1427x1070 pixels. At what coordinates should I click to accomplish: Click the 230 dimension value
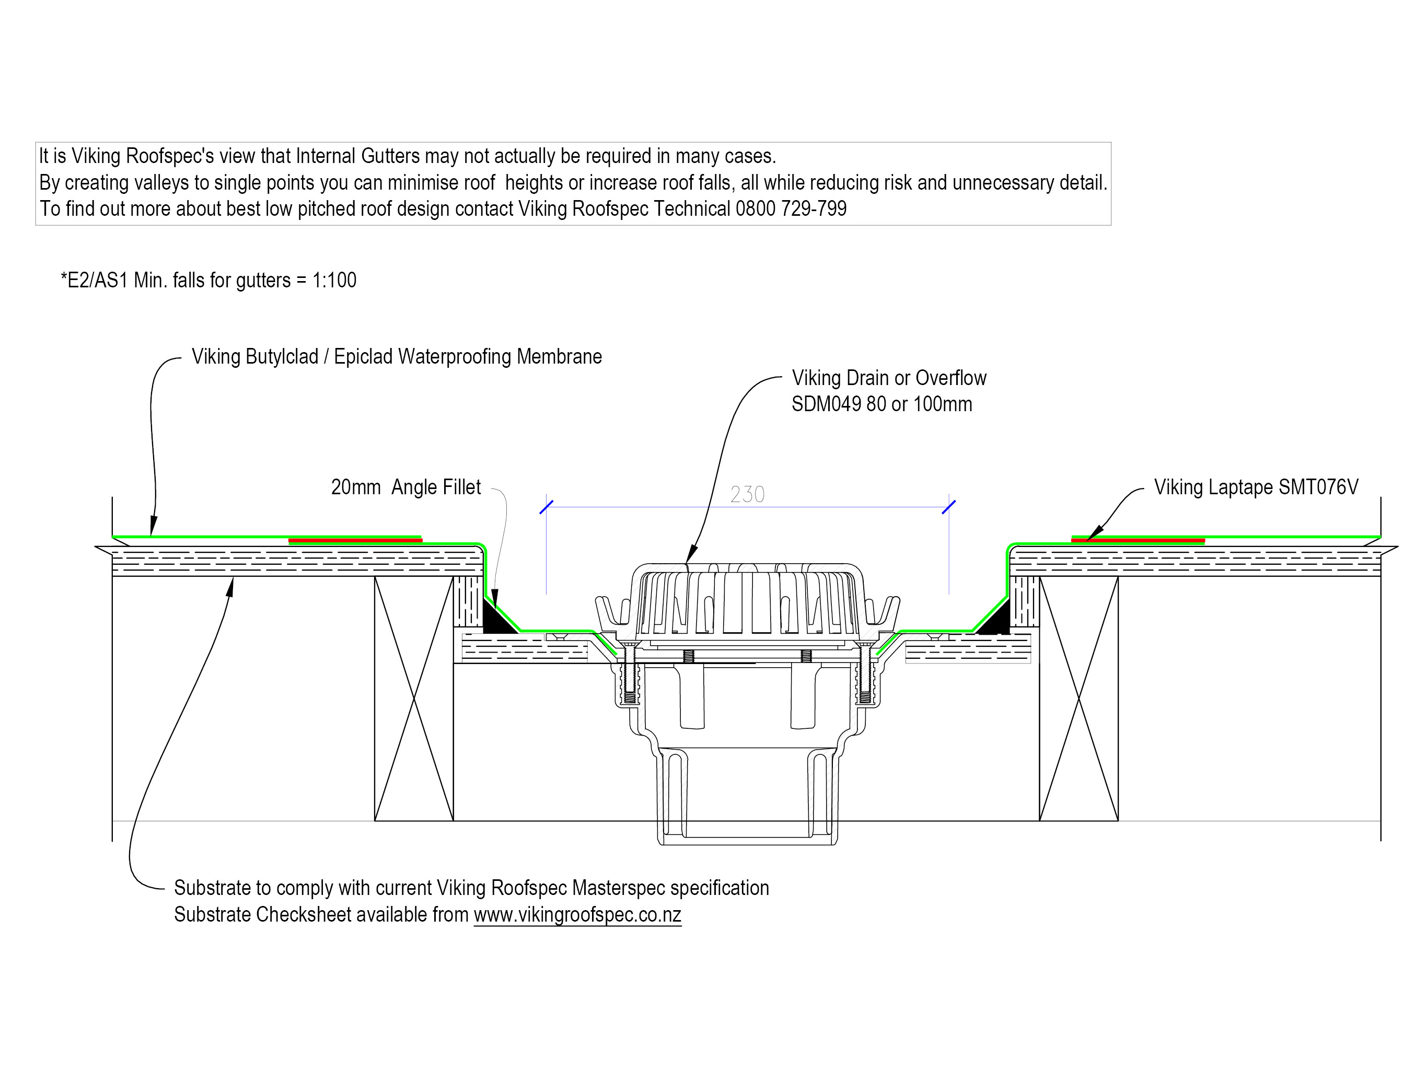tap(747, 495)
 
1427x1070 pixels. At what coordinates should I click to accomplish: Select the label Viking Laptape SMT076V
tap(1256, 487)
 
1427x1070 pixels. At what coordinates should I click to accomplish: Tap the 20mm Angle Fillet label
tap(406, 487)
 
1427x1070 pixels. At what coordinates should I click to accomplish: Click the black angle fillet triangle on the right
tap(996, 622)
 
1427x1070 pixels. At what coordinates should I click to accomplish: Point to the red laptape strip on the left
tap(355, 540)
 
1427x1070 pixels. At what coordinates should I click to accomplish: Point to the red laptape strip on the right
tap(1138, 540)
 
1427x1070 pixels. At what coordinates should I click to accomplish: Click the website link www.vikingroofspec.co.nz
tap(577, 914)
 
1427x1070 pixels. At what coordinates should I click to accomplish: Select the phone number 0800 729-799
tap(791, 209)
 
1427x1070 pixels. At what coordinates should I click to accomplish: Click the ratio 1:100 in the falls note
tap(334, 281)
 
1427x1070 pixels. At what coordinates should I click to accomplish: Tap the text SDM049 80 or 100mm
tap(881, 404)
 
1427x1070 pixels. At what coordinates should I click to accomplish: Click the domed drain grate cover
tap(747, 597)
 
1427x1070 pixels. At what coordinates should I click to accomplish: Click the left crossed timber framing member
tap(413, 698)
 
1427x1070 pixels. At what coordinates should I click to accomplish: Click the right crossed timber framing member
tap(1078, 698)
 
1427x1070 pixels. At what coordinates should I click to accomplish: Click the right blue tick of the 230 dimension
tap(948, 507)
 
